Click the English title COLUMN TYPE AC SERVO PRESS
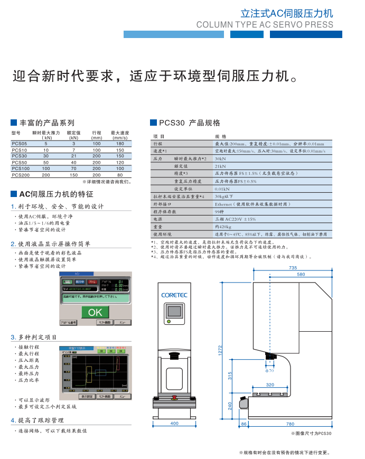(x=265, y=24)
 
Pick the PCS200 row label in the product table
(x=21, y=175)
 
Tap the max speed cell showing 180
(x=120, y=144)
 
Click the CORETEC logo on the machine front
(x=175, y=295)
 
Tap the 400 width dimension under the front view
(x=175, y=424)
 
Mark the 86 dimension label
(x=244, y=424)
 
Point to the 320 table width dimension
(x=270, y=385)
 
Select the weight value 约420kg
(x=223, y=226)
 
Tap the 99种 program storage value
(x=219, y=211)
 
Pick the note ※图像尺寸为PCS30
(x=311, y=433)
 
